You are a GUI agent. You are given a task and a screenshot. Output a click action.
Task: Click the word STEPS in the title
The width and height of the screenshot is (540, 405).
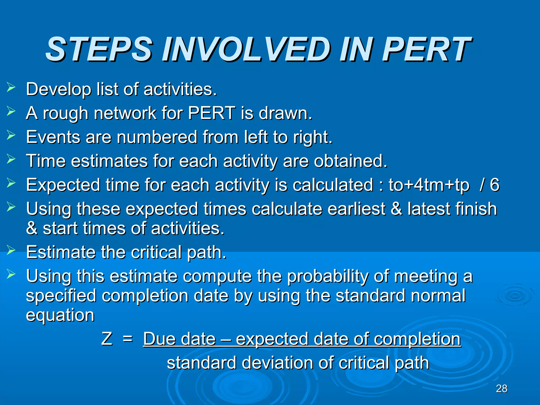[99, 49]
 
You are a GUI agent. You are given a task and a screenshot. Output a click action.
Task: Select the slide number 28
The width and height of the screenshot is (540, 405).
[502, 389]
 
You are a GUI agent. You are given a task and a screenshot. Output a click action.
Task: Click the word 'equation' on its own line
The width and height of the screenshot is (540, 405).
[60, 315]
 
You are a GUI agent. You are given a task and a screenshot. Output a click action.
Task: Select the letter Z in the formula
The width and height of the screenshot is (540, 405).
[107, 339]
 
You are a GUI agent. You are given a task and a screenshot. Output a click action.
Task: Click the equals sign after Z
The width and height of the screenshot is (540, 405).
[128, 339]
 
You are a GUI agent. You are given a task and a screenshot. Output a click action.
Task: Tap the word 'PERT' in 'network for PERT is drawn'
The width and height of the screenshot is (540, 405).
[211, 113]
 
